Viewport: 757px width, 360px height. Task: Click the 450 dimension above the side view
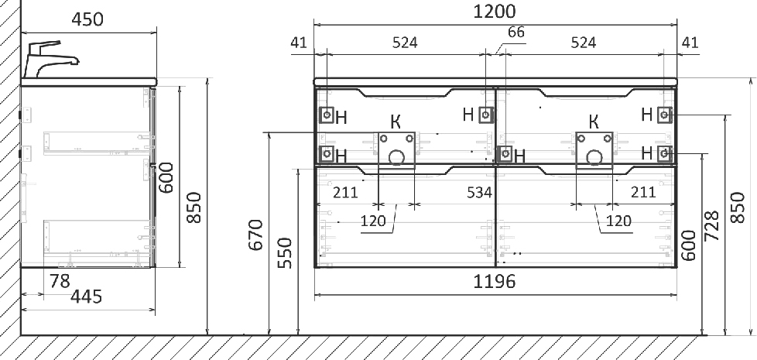tap(87, 20)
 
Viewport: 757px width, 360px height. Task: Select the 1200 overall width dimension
tap(495, 11)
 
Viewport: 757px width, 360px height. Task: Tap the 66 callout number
tap(516, 33)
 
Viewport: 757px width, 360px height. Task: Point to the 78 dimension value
tap(60, 281)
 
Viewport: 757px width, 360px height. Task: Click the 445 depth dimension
tap(87, 297)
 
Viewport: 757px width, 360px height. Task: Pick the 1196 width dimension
tap(494, 281)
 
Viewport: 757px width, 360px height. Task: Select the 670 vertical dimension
tap(256, 235)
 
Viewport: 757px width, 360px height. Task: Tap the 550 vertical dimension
tap(286, 253)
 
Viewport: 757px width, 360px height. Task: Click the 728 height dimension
tap(712, 225)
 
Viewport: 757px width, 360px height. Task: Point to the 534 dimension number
tap(479, 193)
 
